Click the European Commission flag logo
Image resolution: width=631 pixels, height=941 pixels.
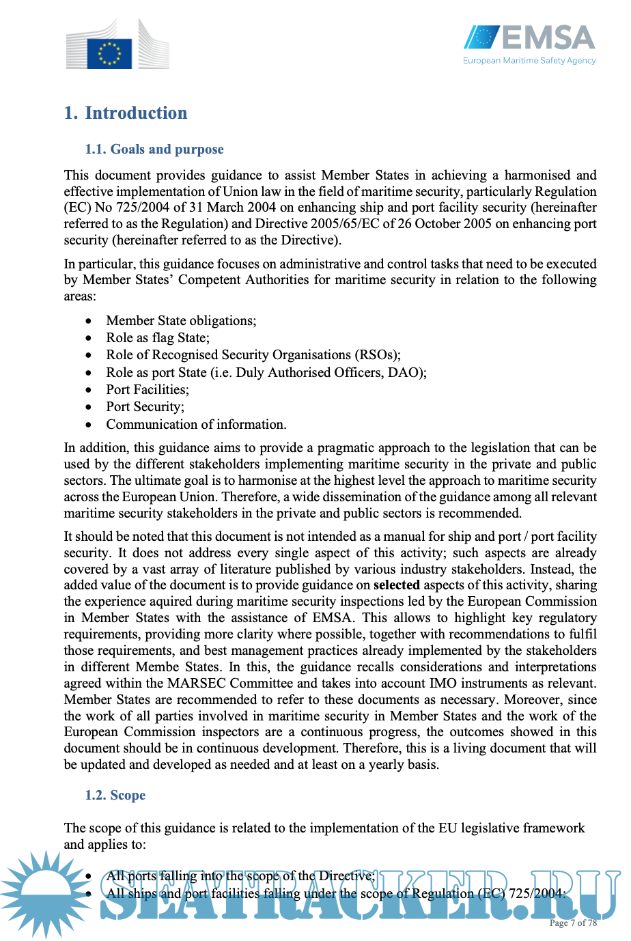point(109,53)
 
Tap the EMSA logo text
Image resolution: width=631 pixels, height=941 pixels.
point(548,38)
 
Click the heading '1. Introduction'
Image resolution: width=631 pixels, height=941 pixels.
point(126,113)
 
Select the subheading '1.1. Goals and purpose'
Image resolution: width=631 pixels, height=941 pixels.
point(154,149)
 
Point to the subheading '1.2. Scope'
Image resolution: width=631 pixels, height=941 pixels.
point(115,795)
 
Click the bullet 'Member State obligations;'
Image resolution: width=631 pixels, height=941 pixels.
point(181,320)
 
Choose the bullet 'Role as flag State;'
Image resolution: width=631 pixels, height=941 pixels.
point(158,337)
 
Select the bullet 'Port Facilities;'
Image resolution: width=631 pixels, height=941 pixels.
point(148,389)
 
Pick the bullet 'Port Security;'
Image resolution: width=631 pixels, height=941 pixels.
point(145,406)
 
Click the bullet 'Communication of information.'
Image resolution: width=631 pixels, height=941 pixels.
point(196,424)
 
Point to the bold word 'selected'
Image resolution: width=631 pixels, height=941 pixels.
point(397,585)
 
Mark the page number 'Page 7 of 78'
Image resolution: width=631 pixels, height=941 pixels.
point(573,923)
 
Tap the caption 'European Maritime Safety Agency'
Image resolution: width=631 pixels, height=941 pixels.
point(529,61)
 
